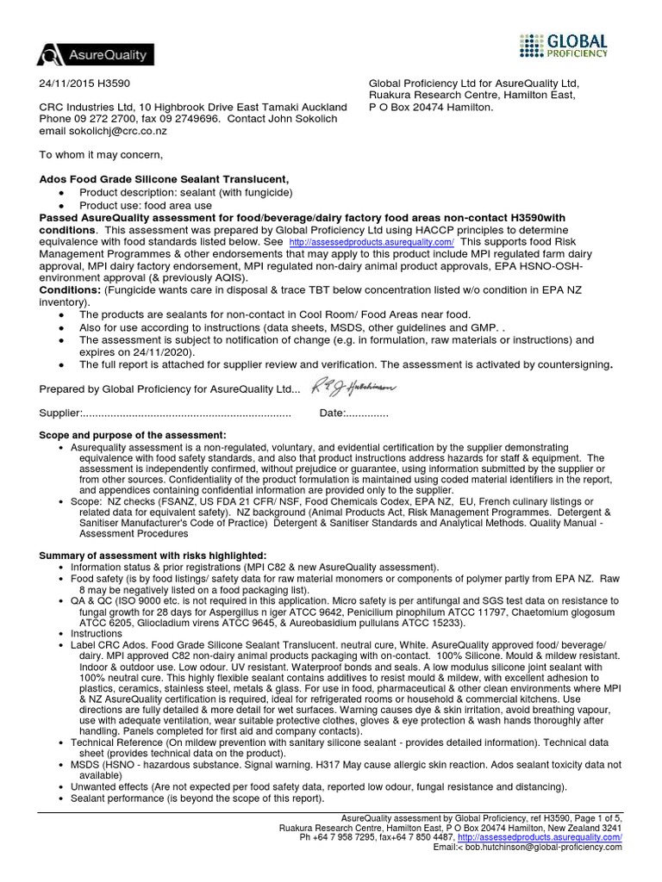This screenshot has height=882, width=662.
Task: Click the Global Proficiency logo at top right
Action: pos(565,45)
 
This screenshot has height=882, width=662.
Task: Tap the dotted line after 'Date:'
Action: pos(366,414)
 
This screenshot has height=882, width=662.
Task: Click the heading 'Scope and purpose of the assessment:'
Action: pos(133,435)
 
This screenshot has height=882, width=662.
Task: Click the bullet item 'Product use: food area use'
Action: pos(145,207)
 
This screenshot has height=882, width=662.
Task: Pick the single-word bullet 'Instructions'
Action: pos(97,633)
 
